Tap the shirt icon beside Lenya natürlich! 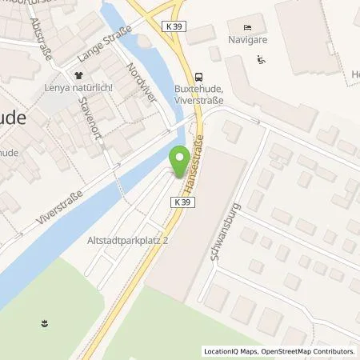coord(78,76)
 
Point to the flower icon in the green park coord(43,324)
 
